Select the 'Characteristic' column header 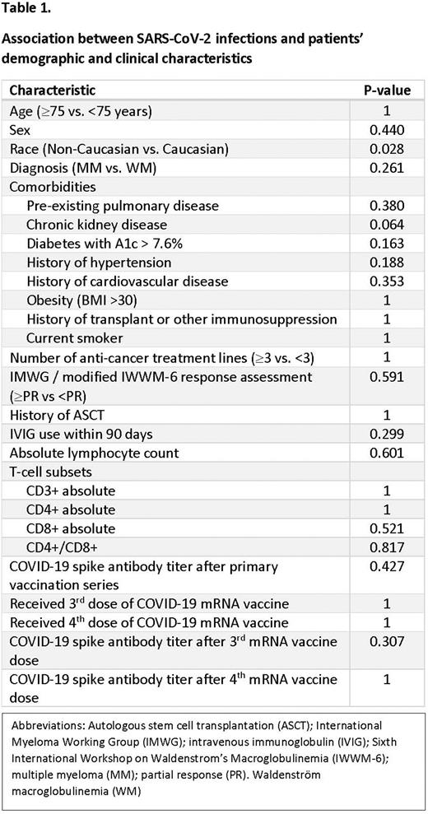(52, 91)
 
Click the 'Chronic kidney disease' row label (96, 225)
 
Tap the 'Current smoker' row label (73, 338)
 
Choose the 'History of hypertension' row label (99, 263)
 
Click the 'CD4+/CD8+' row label (59, 547)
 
